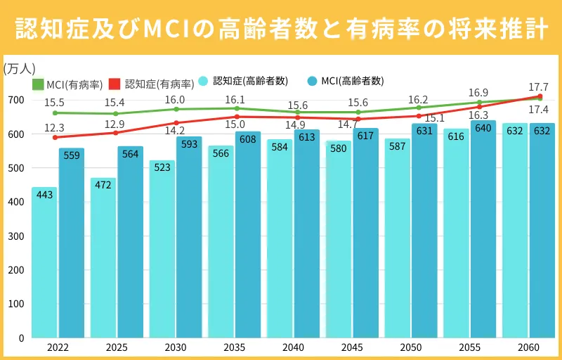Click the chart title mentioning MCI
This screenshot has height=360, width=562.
point(281,30)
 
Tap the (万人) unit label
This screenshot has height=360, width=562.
point(19,68)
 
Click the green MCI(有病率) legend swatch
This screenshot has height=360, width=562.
point(38,84)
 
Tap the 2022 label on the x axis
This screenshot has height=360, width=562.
point(58,347)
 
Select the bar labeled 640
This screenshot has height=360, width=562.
point(483,232)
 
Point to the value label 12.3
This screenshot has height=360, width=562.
point(54,128)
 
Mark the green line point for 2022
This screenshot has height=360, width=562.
point(55,112)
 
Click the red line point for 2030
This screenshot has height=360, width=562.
point(176,122)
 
